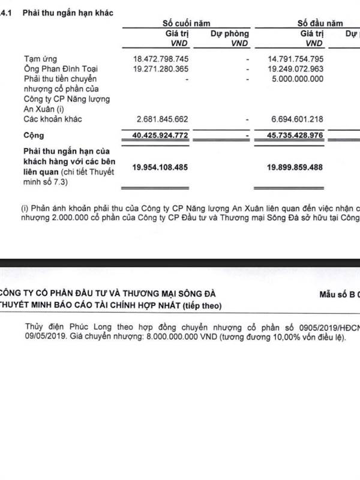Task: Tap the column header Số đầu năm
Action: [x=320, y=23]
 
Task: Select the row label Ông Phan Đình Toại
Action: [x=59, y=69]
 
